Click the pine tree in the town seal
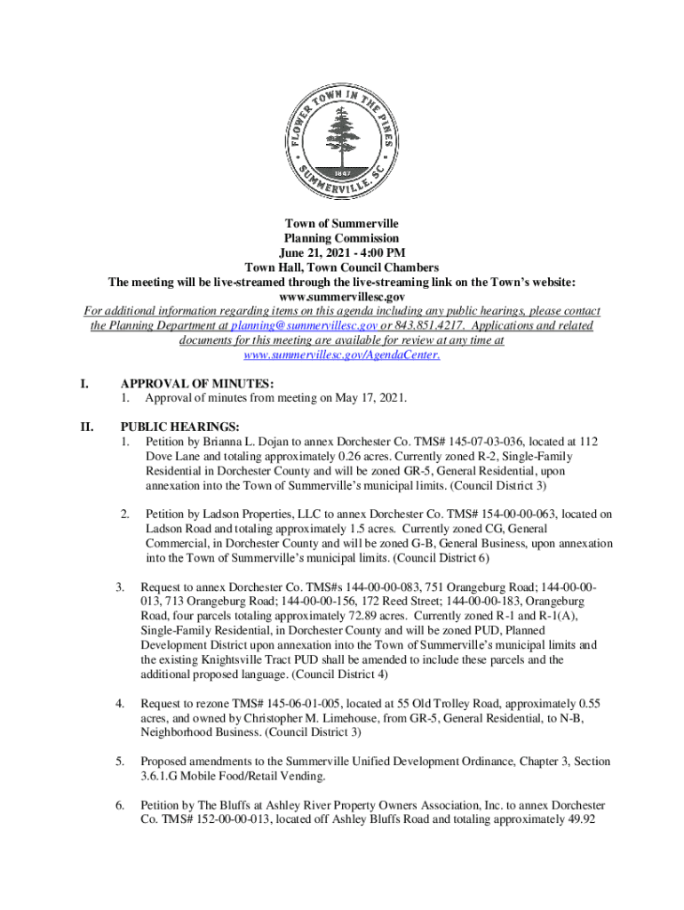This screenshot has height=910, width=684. [x=341, y=133]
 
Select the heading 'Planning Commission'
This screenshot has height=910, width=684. [x=341, y=238]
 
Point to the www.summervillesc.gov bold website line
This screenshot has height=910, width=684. [x=341, y=295]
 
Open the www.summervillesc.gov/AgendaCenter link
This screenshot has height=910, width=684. [x=341, y=354]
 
